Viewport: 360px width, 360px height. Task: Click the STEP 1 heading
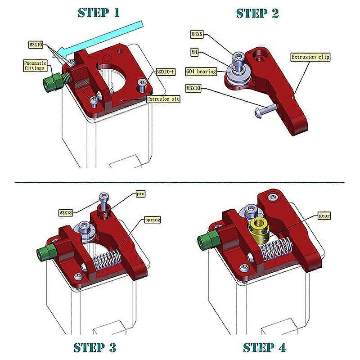pyautogui.click(x=99, y=12)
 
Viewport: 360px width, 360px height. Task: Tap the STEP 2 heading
pyautogui.click(x=257, y=13)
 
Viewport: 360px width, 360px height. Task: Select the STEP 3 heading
pyautogui.click(x=94, y=347)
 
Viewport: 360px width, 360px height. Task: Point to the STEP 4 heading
pyautogui.click(x=265, y=347)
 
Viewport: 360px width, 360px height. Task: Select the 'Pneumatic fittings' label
pyautogui.click(x=35, y=66)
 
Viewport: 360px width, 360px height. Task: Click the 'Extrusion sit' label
pyautogui.click(x=163, y=99)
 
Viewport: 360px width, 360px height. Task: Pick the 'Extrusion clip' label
pyautogui.click(x=310, y=57)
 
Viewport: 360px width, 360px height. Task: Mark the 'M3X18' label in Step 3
pyautogui.click(x=67, y=211)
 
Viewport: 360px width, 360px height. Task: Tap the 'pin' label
pyautogui.click(x=141, y=194)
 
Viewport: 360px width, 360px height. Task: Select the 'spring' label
pyautogui.click(x=152, y=220)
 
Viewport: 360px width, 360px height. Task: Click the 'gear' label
pyautogui.click(x=324, y=216)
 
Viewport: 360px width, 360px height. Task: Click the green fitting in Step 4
pyautogui.click(x=207, y=242)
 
